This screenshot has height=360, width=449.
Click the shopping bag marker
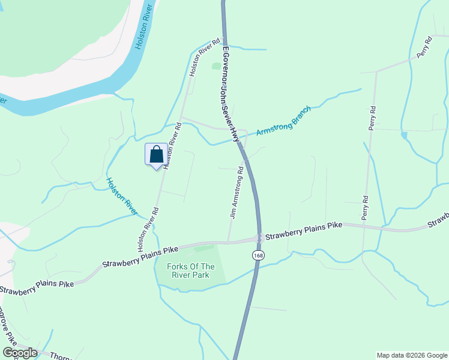[156, 155]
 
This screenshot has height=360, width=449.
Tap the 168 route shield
[258, 256]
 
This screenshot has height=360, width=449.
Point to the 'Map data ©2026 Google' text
[411, 355]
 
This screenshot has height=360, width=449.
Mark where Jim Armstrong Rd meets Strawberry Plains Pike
[228, 242]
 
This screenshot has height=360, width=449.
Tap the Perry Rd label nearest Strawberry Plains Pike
[364, 206]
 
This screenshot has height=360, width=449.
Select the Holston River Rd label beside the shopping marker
[171, 144]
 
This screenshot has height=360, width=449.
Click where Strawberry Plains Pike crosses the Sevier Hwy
[259, 238]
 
